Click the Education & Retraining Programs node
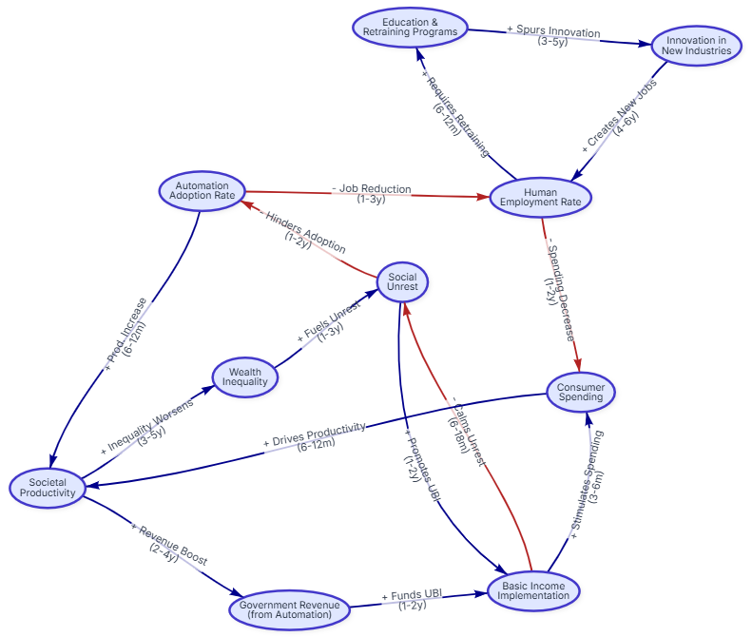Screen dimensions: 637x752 point(410,27)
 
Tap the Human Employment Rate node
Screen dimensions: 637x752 point(541,197)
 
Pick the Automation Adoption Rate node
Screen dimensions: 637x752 point(202,190)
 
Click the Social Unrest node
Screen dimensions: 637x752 point(402,281)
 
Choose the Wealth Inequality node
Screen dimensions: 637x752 point(245,376)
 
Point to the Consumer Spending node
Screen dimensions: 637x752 point(581,392)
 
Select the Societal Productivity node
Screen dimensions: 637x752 point(47,488)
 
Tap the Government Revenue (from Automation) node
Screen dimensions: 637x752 point(286,609)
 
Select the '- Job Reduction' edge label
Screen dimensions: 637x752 point(371,194)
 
